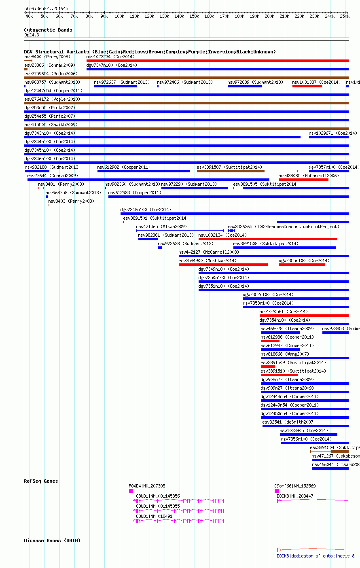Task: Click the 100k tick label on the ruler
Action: click(119, 17)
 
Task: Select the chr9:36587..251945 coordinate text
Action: click(46, 8)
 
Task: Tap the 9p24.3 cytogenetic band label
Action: click(32, 35)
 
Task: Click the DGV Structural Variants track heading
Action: click(150, 52)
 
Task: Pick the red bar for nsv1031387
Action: click(307, 86)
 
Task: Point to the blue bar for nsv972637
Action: click(115, 86)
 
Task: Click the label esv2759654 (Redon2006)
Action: click(51, 74)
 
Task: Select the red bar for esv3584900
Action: click(223, 265)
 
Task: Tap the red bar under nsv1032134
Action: click(267, 239)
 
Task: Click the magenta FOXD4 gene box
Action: click(131, 491)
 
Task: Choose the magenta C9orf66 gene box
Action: click(277, 491)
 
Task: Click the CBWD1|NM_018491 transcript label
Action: click(154, 516)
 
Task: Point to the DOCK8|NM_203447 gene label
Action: click(295, 496)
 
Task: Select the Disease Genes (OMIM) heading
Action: click(52, 540)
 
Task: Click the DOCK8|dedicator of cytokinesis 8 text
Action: click(316, 556)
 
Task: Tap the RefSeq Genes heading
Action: click(41, 481)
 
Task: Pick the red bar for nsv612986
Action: click(270, 341)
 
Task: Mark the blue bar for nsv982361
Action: click(148, 239)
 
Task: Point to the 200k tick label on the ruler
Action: click(269, 17)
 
